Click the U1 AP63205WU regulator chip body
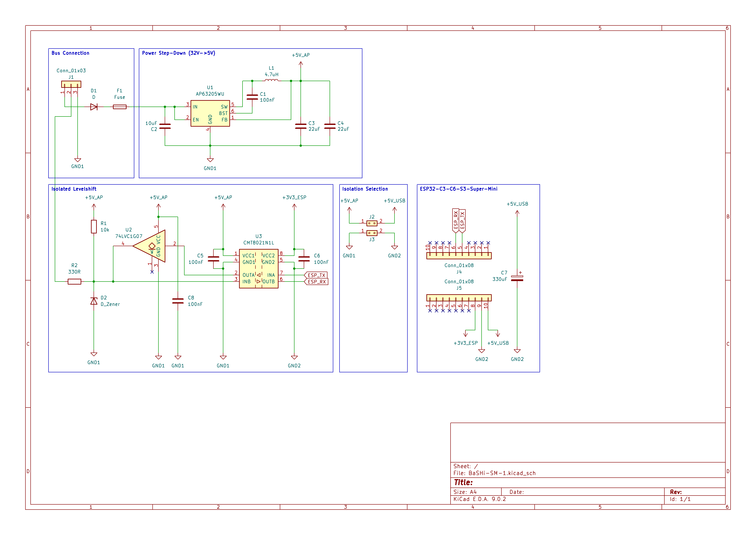(210, 113)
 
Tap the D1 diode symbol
(94, 107)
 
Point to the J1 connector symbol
(71, 84)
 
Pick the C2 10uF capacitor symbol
(165, 126)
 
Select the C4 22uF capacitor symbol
(330, 126)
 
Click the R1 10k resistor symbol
(94, 227)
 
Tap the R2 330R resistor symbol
(74, 282)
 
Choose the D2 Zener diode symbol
(94, 301)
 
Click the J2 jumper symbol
(372, 223)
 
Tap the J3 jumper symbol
(372, 233)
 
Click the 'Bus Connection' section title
(70, 53)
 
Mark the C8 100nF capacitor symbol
(178, 301)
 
